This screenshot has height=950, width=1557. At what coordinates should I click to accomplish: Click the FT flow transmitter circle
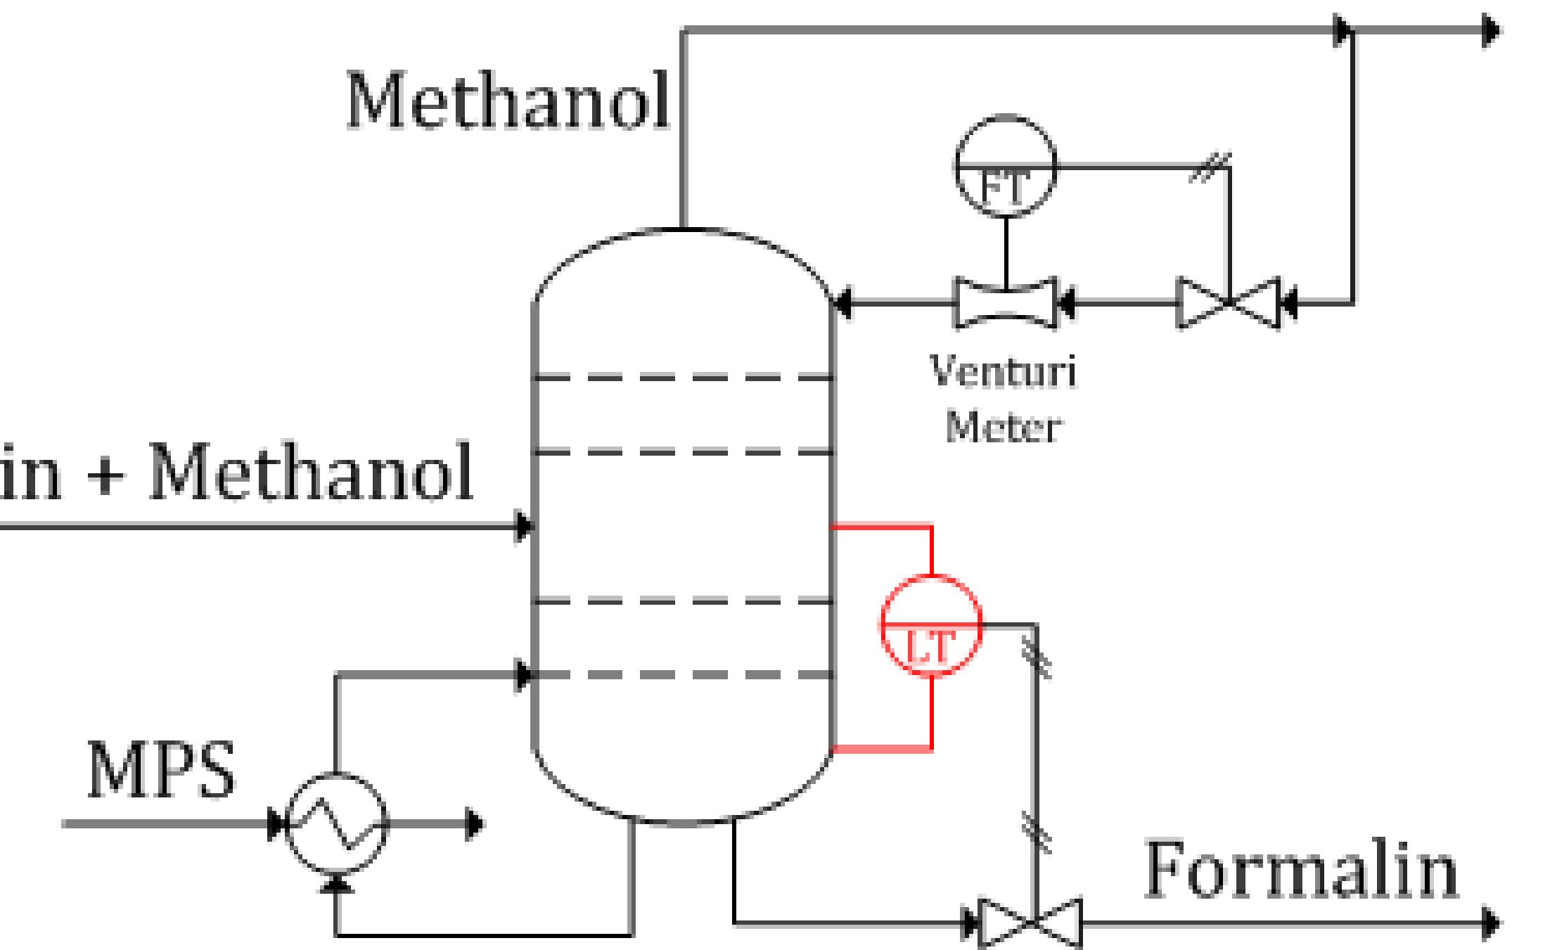point(1006,167)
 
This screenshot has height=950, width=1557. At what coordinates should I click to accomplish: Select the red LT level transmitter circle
point(931,625)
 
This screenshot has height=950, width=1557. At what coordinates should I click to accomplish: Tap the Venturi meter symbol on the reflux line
point(1006,304)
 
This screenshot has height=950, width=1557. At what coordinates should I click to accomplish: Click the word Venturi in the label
point(1003,371)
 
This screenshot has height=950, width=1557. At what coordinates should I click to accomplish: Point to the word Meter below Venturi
point(1003,427)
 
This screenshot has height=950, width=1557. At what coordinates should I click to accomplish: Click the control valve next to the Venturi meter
point(1229,304)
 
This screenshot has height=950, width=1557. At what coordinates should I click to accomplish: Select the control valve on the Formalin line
point(1030,923)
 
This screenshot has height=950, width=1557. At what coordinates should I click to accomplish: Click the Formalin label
point(1301,872)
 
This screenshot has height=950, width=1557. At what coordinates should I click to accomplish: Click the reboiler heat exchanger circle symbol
point(338,823)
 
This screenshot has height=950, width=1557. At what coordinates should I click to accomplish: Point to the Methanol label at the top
point(508,102)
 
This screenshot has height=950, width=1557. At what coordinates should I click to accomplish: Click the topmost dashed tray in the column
point(684,378)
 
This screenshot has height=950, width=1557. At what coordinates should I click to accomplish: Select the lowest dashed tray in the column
point(684,675)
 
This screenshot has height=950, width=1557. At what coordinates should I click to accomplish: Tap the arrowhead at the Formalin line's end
point(1491,923)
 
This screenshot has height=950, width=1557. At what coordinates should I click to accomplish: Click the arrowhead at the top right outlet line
point(1491,31)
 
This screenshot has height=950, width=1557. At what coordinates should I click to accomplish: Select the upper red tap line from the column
point(883,526)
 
